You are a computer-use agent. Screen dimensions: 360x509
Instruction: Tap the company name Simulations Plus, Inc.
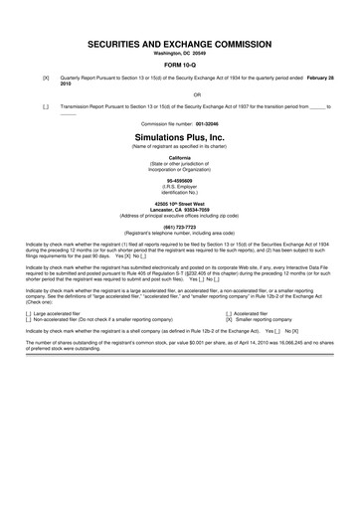[x=180, y=131]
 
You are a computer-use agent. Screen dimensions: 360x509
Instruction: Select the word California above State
[x=180, y=158]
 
